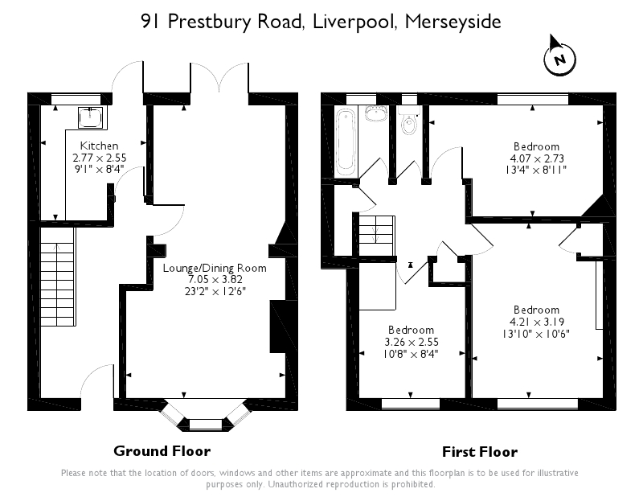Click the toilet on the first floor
pyautogui.click(x=409, y=125)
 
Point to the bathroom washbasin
pyautogui.click(x=375, y=113)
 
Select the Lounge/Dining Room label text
pyautogui.click(x=214, y=268)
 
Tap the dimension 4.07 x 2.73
pyautogui.click(x=537, y=158)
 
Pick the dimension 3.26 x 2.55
pyautogui.click(x=411, y=341)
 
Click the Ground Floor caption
pyautogui.click(x=162, y=451)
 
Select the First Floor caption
pyautogui.click(x=480, y=451)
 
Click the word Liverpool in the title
pyautogui.click(x=350, y=22)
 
